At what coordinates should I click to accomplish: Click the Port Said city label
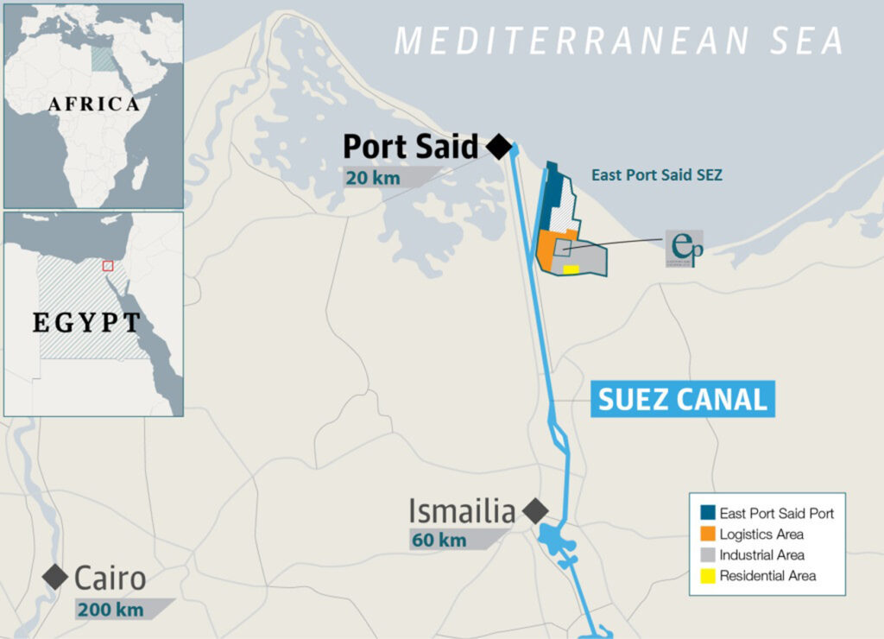(410, 148)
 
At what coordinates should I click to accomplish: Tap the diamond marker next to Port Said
(498, 147)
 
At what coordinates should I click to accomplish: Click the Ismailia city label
(461, 511)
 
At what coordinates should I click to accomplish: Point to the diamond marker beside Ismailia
(535, 511)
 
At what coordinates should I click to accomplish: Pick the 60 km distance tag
(439, 541)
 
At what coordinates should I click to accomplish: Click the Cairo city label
(110, 577)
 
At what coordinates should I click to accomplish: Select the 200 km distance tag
(110, 609)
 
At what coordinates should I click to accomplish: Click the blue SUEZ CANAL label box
(682, 400)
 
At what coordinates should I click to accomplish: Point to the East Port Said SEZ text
(656, 174)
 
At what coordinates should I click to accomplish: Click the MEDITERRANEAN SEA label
(618, 41)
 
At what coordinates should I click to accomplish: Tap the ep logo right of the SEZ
(685, 248)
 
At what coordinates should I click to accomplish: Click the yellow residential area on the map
(571, 269)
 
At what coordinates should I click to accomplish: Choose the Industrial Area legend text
(761, 555)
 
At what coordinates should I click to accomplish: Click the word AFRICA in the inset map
(93, 104)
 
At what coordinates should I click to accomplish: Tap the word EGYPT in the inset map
(86, 323)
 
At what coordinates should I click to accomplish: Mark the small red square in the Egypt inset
(108, 265)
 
